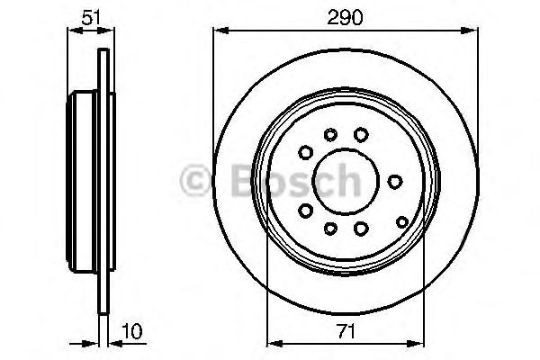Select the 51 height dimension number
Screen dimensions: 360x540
(90, 16)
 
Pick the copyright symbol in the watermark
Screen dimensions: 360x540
(195, 182)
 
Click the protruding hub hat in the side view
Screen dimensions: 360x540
(84, 180)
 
